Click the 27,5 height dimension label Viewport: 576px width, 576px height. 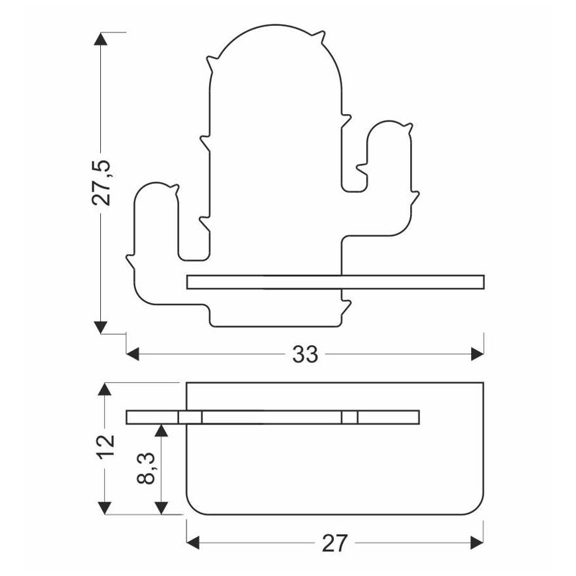point(101,182)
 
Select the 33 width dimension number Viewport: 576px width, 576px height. point(305,355)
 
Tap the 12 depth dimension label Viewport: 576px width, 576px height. point(106,447)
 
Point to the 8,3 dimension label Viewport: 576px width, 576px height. point(146,468)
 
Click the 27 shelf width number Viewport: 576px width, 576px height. point(334,543)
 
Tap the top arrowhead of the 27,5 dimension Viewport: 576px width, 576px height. point(101,39)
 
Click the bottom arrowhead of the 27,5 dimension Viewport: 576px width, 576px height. point(101,327)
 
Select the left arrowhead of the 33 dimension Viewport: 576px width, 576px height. point(133,354)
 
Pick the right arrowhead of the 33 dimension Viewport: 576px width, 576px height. point(477,354)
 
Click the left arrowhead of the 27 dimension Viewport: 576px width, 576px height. point(193,543)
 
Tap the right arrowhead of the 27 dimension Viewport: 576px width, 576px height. point(477,543)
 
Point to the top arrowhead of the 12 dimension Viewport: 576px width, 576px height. point(105,389)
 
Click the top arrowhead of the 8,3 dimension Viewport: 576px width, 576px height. point(161,430)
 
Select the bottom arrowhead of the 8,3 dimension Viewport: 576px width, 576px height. point(161,508)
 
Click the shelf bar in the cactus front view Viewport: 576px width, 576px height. point(335,282)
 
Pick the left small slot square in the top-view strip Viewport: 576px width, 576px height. point(190,417)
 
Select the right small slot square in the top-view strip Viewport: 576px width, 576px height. point(349,417)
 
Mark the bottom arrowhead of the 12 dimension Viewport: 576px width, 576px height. point(105,508)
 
